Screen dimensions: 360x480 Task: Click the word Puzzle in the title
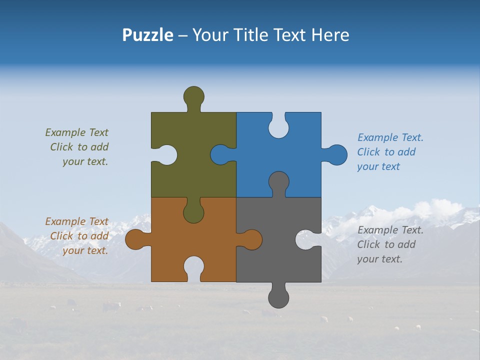point(147,35)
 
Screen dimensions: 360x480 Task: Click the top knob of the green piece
point(193,96)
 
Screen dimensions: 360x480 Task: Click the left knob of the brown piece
point(135,239)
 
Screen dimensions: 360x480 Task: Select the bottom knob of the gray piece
point(278,298)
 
